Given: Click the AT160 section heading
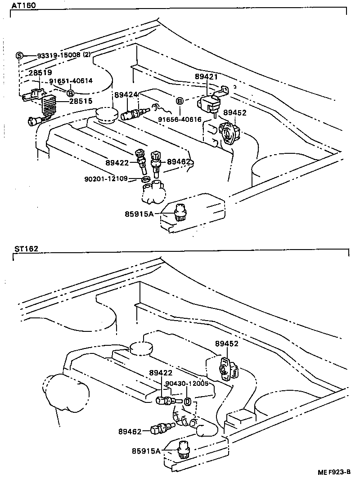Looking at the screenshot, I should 24,5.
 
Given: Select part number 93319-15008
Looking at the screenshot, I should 58,55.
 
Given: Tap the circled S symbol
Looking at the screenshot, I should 19,55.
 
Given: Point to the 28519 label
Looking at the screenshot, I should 40,72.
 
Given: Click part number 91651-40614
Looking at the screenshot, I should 71,81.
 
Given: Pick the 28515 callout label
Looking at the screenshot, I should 81,101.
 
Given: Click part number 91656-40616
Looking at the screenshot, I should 180,120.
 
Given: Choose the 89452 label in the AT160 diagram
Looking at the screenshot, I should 235,112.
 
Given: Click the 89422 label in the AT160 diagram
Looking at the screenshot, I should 117,162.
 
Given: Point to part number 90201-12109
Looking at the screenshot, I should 106,179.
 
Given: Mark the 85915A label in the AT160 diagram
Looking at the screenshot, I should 139,214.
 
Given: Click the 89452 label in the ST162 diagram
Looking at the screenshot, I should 226,344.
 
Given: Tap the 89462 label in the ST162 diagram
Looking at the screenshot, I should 130,431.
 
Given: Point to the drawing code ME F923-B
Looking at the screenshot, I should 334,472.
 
